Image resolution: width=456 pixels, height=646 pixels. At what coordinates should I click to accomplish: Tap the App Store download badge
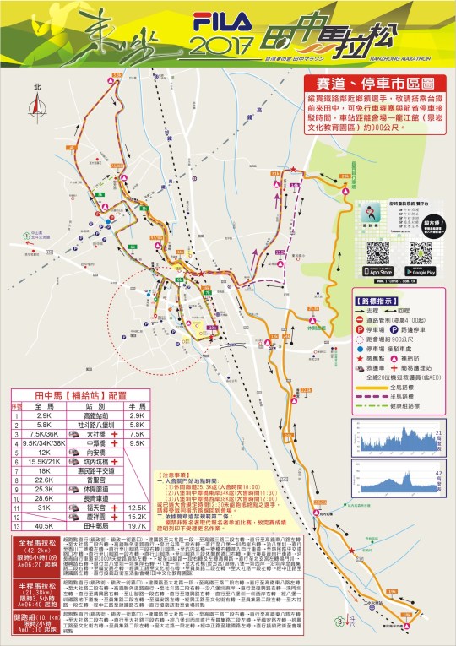tap(380, 272)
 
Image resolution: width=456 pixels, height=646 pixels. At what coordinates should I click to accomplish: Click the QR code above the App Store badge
tap(379, 252)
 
